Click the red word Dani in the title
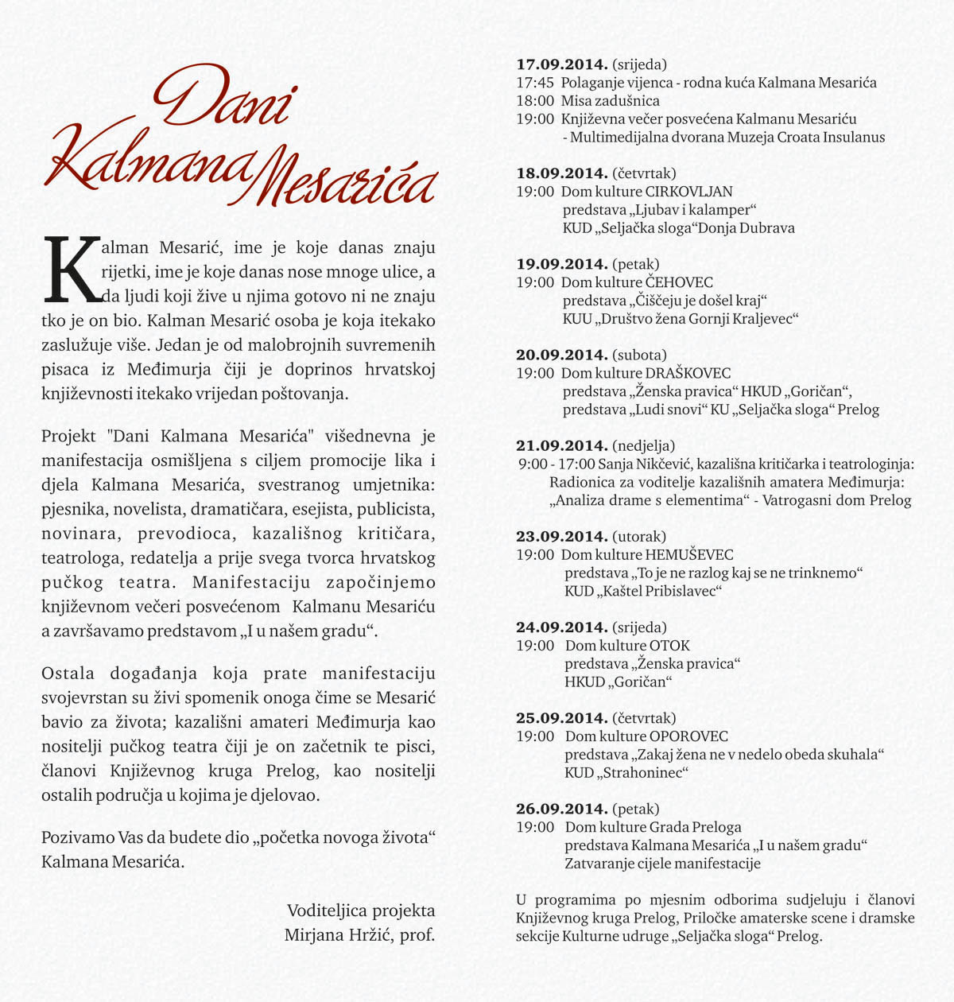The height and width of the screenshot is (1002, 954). click(225, 97)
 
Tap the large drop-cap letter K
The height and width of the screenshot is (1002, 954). click(72, 270)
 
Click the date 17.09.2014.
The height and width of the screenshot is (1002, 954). click(562, 64)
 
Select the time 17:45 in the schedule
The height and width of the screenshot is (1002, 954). click(535, 83)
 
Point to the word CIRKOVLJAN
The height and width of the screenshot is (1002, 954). click(689, 192)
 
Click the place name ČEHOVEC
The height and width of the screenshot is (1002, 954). click(679, 282)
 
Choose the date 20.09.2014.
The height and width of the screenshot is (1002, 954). click(562, 355)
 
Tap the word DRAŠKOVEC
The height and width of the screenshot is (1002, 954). click(688, 373)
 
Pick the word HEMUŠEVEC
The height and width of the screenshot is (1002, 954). click(689, 555)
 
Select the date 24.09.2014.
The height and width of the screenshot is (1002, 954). click(562, 627)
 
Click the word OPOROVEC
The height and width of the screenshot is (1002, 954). click(688, 736)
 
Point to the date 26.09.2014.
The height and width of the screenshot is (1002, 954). click(562, 809)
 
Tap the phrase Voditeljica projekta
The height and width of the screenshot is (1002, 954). click(361, 911)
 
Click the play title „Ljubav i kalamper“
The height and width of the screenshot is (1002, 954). click(694, 210)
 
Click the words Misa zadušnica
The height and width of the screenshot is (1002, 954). click(610, 101)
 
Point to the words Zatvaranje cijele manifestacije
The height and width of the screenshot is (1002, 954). click(662, 864)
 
